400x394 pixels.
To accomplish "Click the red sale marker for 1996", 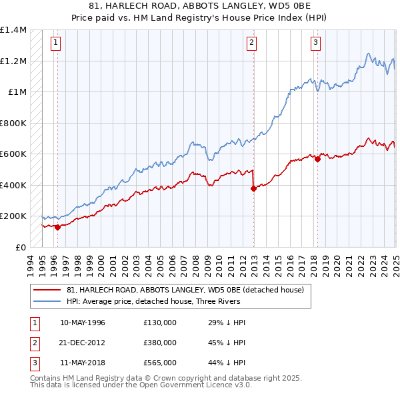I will pyautogui.click(x=57, y=227).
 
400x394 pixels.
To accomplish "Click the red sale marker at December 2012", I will pyautogui.click(x=253, y=188).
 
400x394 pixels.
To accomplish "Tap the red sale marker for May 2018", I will pyautogui.click(x=317, y=159).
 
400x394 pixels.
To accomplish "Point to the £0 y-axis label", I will pyautogui.click(x=20, y=247).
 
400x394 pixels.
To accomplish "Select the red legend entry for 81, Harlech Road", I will pyautogui.click(x=185, y=290).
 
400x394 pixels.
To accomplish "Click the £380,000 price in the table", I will pyautogui.click(x=160, y=343).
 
